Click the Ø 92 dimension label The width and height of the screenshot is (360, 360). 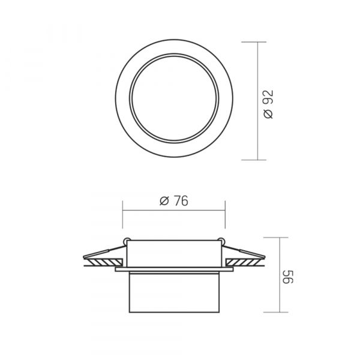pyautogui.click(x=269, y=104)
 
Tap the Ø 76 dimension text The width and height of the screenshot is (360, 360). pyautogui.click(x=174, y=201)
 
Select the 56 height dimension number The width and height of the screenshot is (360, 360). pyautogui.click(x=288, y=277)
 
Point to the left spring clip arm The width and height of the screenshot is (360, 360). pyautogui.click(x=104, y=252)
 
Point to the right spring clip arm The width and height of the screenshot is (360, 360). pyautogui.click(x=244, y=252)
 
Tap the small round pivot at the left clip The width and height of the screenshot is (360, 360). pyautogui.click(x=126, y=241)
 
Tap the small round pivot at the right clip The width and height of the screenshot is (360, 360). pyautogui.click(x=221, y=241)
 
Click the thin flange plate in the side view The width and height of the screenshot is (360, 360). pyautogui.click(x=174, y=269)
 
